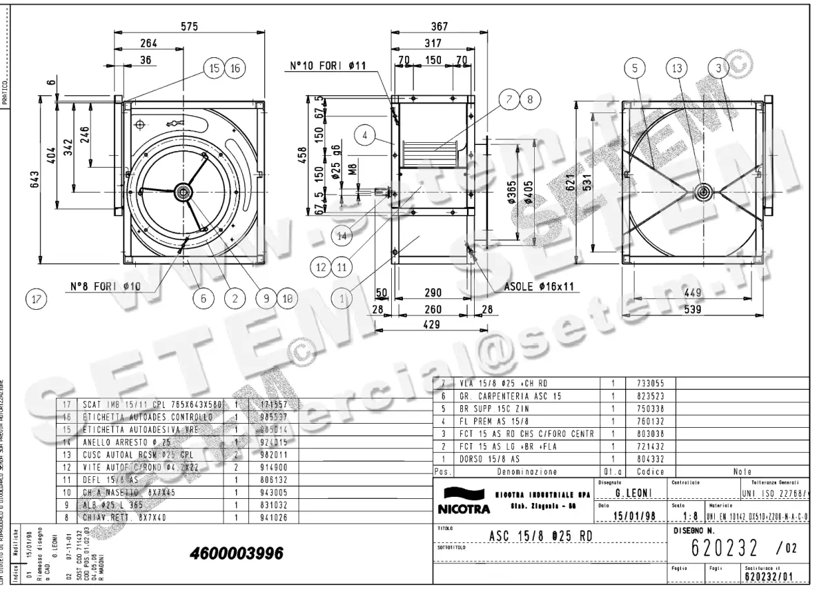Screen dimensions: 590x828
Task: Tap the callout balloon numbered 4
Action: [x=365, y=136]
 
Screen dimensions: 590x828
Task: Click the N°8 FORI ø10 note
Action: [x=105, y=285]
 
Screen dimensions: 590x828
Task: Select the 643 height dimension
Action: [x=34, y=179]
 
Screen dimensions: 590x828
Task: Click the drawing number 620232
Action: [x=724, y=548]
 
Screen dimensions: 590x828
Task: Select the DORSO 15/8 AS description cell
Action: [x=486, y=458]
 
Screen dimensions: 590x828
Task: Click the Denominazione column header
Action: [x=526, y=472]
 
